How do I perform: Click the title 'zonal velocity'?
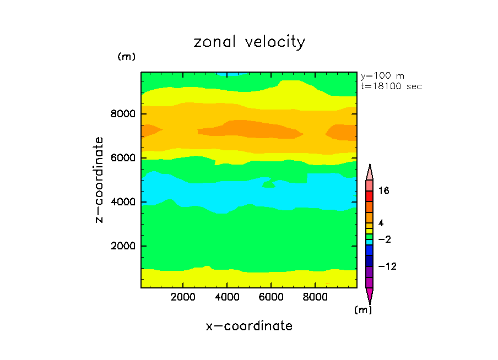tap(249, 42)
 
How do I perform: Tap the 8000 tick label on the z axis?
tap(123, 114)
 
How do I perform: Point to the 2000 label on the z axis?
tap(123, 246)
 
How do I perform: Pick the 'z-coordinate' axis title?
tap(100, 180)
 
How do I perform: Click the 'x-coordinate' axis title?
tap(249, 326)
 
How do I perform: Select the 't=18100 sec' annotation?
tap(391, 86)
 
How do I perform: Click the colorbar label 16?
tap(383, 191)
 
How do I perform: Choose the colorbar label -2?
tap(383, 239)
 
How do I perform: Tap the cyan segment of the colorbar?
tap(369, 242)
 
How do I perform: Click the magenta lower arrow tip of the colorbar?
tap(369, 295)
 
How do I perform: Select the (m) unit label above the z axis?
tap(126, 57)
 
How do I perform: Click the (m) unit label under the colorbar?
tap(362, 310)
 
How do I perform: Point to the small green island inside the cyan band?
tap(269, 184)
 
